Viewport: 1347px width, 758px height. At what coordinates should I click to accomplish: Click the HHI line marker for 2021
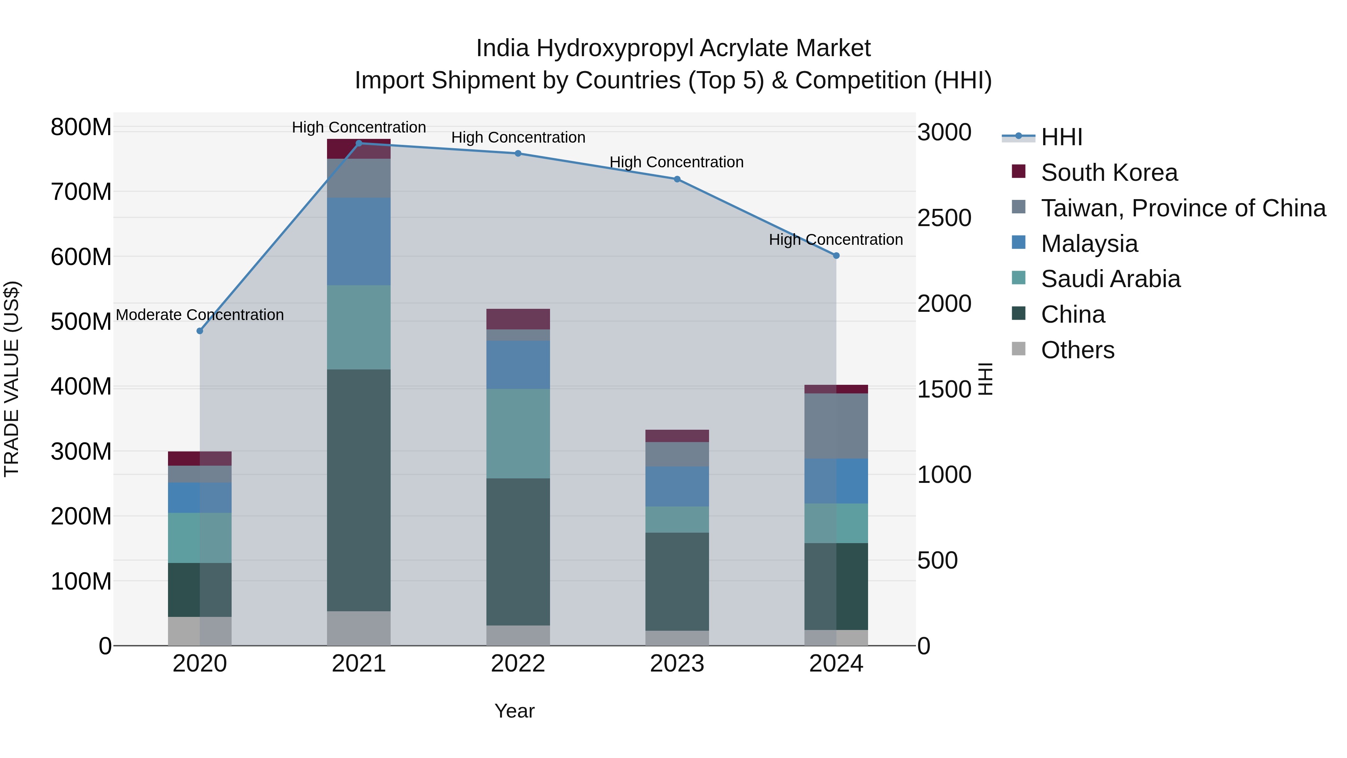point(359,143)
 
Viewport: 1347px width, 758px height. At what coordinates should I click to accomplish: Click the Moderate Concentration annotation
point(200,315)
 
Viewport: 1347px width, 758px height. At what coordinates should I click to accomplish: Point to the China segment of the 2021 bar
point(359,490)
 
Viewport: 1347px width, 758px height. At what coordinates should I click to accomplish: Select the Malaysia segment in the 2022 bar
point(518,365)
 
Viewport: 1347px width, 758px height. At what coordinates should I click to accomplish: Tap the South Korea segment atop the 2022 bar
point(518,319)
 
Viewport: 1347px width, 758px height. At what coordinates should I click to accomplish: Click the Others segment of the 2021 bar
point(359,628)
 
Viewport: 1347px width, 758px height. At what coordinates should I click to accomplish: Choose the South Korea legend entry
point(1109,173)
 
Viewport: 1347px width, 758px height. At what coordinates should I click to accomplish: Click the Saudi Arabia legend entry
point(1110,279)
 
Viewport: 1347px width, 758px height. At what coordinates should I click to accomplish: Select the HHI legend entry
point(1062,137)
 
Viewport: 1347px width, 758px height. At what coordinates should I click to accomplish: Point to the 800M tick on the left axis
point(81,127)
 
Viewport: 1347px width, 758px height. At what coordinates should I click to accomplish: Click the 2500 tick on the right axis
point(944,218)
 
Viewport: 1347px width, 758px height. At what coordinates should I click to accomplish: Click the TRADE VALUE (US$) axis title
point(12,379)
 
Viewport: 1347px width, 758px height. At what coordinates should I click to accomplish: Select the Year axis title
point(514,711)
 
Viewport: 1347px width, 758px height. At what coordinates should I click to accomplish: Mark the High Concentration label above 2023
point(676,162)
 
